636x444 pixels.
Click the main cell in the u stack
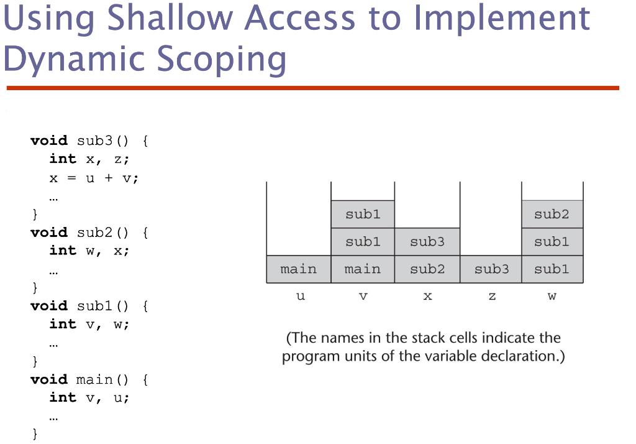(x=299, y=269)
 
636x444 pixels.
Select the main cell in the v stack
(x=363, y=269)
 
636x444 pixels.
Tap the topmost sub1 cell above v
(x=363, y=214)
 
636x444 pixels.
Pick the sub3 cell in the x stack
(x=427, y=242)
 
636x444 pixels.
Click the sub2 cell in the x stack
(x=427, y=269)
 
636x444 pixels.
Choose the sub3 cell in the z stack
(x=491, y=269)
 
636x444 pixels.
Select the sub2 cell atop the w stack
(x=552, y=214)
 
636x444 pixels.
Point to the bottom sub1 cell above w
(x=552, y=269)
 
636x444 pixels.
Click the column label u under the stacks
(x=301, y=296)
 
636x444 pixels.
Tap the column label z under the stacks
(x=492, y=296)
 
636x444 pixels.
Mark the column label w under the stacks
(x=552, y=296)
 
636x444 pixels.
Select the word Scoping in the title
(x=222, y=59)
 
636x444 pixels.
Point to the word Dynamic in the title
(x=75, y=59)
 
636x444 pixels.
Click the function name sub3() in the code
(x=102, y=141)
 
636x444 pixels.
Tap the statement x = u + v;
(x=94, y=178)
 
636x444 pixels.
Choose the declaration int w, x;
(x=89, y=251)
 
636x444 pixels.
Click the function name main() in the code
(x=102, y=379)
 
